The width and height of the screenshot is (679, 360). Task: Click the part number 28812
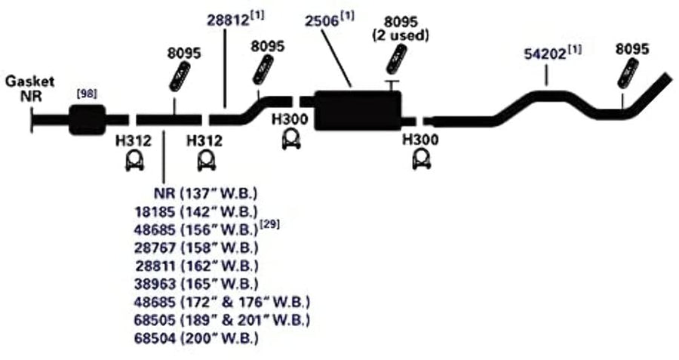coord(228,20)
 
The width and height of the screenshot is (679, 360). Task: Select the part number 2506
coord(321,21)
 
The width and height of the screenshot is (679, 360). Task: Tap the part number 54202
coord(545,54)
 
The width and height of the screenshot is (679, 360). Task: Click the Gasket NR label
coord(29,88)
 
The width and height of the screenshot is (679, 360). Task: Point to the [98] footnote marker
coord(87,93)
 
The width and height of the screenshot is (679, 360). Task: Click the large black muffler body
coord(358,110)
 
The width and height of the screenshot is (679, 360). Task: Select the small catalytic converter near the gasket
coord(87,119)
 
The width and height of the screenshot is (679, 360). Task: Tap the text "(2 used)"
coord(401,35)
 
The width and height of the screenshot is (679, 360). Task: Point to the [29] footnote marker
coord(269,224)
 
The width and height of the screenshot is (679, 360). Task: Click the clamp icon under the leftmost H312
coord(135,162)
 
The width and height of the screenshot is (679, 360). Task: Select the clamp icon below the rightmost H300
coord(421,159)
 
